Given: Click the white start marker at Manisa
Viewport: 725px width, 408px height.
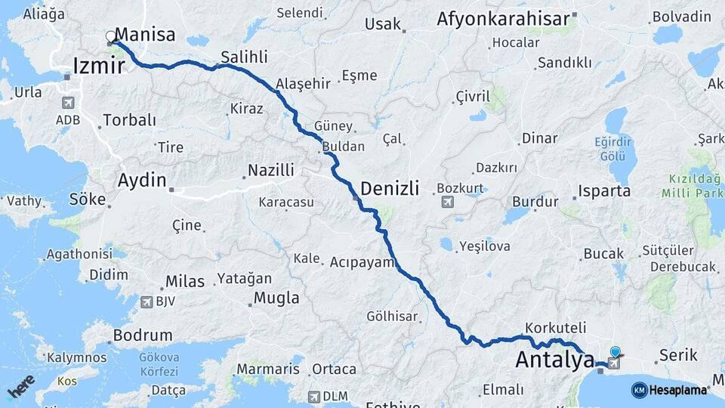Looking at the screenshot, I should click(x=111, y=36).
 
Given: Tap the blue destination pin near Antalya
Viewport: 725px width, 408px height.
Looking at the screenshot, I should click(x=615, y=352).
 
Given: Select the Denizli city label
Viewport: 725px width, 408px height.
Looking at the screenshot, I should click(x=390, y=189).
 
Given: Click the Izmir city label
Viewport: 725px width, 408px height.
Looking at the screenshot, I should click(x=99, y=66).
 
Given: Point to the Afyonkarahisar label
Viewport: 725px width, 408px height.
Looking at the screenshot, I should click(x=501, y=20).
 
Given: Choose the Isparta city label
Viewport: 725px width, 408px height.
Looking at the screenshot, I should click(x=604, y=190).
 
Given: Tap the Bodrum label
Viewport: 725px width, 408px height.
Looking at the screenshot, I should click(x=142, y=335).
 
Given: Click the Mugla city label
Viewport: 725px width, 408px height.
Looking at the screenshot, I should click(x=276, y=298).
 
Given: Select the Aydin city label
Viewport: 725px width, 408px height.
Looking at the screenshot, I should click(x=141, y=181).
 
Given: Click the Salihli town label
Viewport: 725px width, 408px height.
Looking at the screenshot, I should click(x=244, y=57).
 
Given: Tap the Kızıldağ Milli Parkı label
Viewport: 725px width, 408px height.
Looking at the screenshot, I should click(x=691, y=186).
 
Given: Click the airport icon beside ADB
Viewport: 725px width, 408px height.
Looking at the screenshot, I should click(x=67, y=103).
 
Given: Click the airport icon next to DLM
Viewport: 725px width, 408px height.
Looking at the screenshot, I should click(x=313, y=396).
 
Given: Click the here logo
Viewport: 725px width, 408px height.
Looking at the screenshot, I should click(x=22, y=386).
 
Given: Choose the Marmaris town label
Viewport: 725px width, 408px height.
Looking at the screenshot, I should click(x=268, y=369).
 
